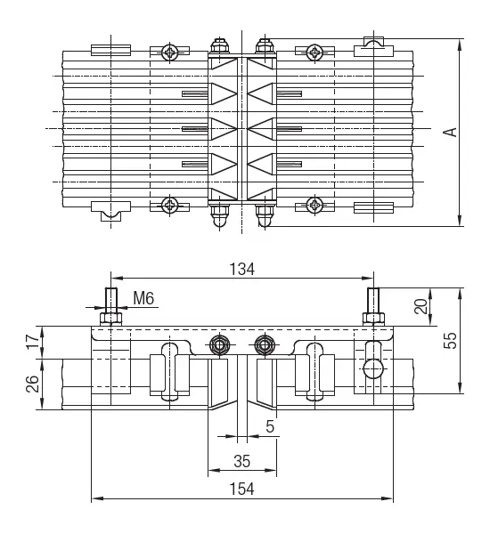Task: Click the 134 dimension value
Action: [x=241, y=269]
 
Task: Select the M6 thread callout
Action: [x=143, y=298]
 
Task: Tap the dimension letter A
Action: [x=451, y=132]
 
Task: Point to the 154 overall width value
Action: [x=241, y=489]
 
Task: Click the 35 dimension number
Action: [x=242, y=461]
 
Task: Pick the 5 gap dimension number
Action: [x=270, y=426]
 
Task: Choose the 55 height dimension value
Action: [x=450, y=340]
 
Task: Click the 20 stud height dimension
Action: [x=421, y=306]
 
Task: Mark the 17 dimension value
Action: [x=33, y=342]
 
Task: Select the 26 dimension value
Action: [x=33, y=384]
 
